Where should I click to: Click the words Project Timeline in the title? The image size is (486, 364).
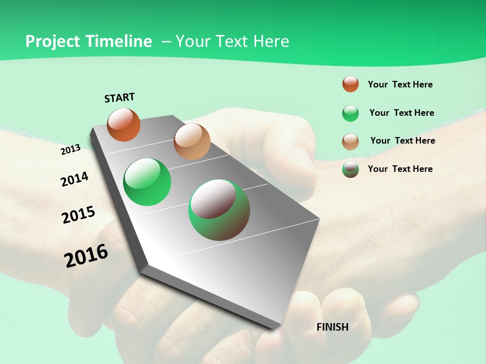click(x=89, y=41)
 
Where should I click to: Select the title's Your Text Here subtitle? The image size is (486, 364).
click(x=232, y=41)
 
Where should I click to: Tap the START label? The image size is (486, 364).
click(x=119, y=98)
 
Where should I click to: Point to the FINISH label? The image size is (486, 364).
click(x=333, y=327)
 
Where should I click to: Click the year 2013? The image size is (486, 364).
click(x=70, y=150)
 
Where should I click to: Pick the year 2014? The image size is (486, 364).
click(x=74, y=179)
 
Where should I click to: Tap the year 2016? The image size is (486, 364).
click(x=86, y=256)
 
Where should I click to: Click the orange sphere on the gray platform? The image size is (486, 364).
click(x=124, y=125)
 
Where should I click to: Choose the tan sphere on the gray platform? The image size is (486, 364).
click(x=192, y=142)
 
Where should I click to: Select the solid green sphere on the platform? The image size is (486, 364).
click(x=147, y=182)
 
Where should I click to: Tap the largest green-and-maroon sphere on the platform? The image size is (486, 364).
click(x=219, y=210)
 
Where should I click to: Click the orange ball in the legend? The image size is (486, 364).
click(x=350, y=84)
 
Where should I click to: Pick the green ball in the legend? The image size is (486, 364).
click(x=350, y=113)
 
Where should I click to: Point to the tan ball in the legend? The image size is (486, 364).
click(x=350, y=142)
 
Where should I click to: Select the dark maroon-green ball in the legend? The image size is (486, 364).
click(x=350, y=169)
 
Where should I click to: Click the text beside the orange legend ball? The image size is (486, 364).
click(x=400, y=84)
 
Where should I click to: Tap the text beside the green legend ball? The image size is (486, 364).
click(x=401, y=113)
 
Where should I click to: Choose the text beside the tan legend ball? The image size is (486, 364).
click(x=402, y=141)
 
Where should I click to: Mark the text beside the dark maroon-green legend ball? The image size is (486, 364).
click(x=400, y=169)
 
